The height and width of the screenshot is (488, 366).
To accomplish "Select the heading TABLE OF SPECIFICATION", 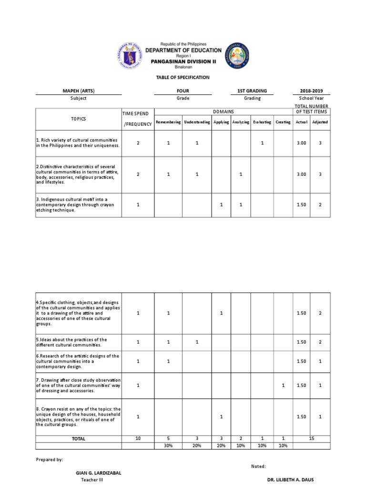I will click(x=183, y=77).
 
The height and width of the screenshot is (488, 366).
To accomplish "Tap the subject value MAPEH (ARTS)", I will click(x=78, y=91).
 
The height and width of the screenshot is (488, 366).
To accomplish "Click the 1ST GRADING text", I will click(x=252, y=91).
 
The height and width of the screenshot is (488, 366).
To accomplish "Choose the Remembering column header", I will click(x=168, y=122).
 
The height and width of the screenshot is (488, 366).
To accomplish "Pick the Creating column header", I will click(x=283, y=122).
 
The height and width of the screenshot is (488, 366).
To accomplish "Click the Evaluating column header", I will click(x=262, y=122).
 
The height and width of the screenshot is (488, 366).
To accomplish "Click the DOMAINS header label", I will click(x=223, y=111).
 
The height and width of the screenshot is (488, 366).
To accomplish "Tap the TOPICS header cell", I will click(x=78, y=118).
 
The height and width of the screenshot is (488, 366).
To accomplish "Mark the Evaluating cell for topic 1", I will click(x=262, y=143).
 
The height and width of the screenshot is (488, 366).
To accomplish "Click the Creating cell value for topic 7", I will click(x=283, y=385).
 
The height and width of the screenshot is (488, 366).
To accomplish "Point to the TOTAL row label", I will click(x=78, y=439).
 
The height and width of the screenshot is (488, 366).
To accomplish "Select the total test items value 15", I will click(x=312, y=438).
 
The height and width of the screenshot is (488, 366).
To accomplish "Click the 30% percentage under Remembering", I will click(x=168, y=446).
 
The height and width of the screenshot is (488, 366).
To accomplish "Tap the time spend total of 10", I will click(x=138, y=438).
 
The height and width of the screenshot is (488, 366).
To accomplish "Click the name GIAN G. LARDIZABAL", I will click(x=99, y=473).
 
